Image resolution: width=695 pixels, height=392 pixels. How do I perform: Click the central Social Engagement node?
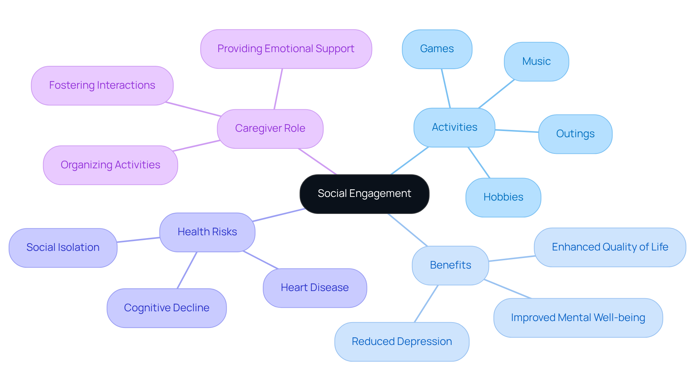click(x=364, y=194)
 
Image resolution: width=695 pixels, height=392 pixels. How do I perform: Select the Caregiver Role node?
click(x=270, y=128)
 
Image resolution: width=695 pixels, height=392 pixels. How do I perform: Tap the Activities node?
click(x=454, y=127)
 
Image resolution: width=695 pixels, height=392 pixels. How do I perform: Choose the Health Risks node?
click(x=207, y=232)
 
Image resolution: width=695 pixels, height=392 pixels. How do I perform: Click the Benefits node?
click(x=450, y=265)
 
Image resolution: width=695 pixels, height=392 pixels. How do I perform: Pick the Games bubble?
click(x=437, y=49)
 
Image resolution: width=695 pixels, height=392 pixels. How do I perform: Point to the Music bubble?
click(x=536, y=62)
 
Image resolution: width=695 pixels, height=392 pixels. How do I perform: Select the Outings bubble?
click(x=575, y=134)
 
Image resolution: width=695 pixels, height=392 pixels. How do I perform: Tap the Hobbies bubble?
click(x=503, y=197)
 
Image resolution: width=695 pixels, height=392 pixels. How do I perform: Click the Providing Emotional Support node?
click(x=286, y=49)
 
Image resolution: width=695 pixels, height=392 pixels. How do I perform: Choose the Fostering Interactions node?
click(x=102, y=85)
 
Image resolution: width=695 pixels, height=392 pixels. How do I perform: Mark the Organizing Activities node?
click(x=110, y=165)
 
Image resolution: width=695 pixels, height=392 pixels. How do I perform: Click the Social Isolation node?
click(x=63, y=248)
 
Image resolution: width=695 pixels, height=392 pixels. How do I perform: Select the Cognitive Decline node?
click(x=167, y=308)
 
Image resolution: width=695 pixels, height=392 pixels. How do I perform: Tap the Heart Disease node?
click(x=315, y=288)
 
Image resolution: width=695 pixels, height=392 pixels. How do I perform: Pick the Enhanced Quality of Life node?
click(x=610, y=247)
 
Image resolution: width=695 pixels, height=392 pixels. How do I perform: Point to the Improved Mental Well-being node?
click(x=578, y=318)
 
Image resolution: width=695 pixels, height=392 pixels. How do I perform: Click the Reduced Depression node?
click(x=402, y=342)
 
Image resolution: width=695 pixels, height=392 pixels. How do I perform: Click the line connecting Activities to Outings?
click(x=517, y=131)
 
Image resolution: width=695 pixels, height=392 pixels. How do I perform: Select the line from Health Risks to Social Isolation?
click(x=138, y=240)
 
